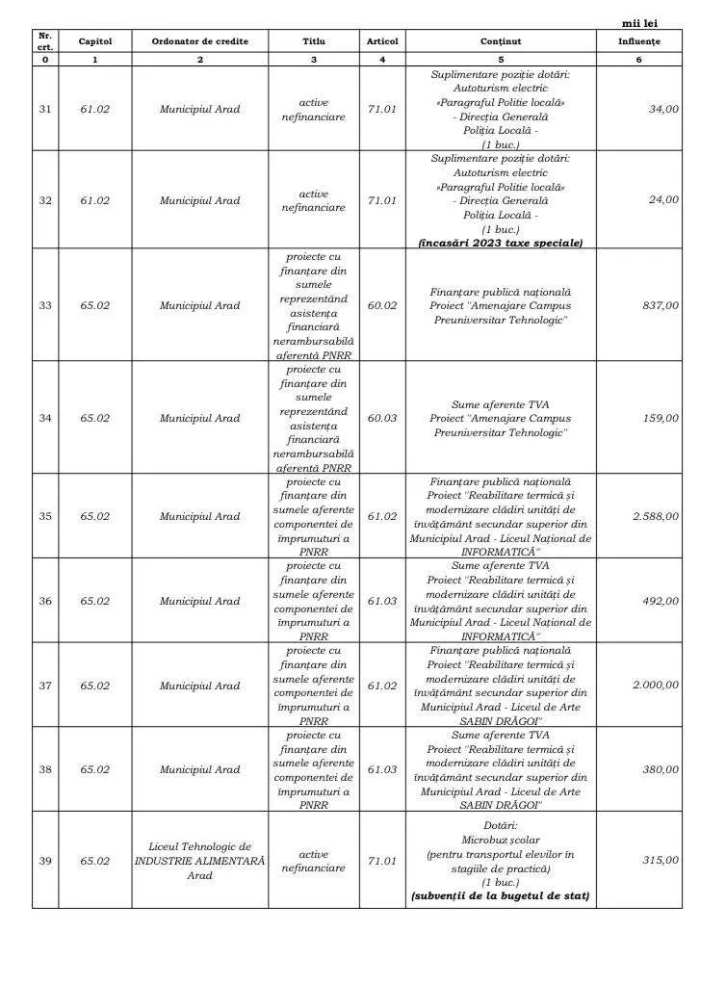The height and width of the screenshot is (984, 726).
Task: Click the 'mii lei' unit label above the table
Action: click(x=640, y=23)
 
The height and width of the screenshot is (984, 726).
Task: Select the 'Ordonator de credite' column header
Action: click(x=200, y=41)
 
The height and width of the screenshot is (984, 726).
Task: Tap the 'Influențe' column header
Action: click(x=639, y=41)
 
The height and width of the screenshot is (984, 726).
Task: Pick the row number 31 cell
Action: click(x=45, y=109)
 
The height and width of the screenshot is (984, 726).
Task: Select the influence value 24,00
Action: click(x=663, y=199)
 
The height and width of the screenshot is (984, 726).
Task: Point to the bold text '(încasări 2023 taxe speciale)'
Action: click(x=501, y=243)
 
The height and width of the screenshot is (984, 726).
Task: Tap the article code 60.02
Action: click(x=382, y=305)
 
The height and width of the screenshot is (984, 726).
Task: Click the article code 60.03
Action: click(x=382, y=418)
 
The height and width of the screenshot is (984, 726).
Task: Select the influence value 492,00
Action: click(x=661, y=601)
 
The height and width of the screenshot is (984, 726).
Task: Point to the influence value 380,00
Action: click(x=661, y=769)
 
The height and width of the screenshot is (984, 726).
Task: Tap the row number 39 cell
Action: click(x=45, y=860)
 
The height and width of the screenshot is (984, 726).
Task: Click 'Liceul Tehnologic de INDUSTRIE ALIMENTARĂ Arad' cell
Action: click(x=200, y=860)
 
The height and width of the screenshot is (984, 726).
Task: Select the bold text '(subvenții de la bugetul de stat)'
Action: click(x=501, y=896)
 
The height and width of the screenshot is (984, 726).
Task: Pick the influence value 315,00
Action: click(x=661, y=860)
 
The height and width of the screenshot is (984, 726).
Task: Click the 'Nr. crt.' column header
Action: click(x=45, y=40)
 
